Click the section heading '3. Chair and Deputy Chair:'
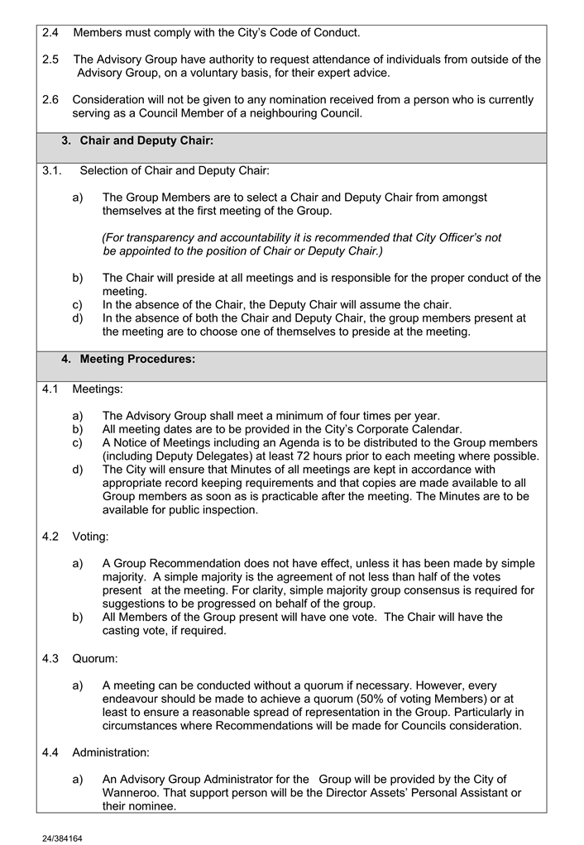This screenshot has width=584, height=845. coord(137,141)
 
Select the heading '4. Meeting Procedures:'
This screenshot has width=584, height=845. coord(128,360)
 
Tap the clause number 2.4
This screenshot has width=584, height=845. coord(50,33)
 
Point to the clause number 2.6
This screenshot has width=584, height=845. coord(50,100)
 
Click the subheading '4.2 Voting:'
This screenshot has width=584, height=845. coord(75,537)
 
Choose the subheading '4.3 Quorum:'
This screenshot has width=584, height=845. coord(79,659)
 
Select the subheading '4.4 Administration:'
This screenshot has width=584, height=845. coord(96,753)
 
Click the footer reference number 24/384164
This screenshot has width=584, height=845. coord(62,838)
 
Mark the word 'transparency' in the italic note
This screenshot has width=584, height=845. coord(157,238)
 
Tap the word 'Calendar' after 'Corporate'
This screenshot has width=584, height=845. coord(436,429)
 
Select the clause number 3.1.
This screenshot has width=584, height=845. coord(53,171)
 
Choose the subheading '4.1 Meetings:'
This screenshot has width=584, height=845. coord(82,389)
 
